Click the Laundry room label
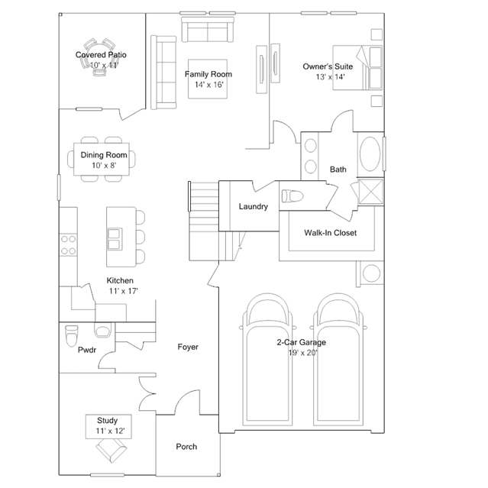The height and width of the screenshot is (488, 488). click(254, 207)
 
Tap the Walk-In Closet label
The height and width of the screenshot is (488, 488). click(330, 233)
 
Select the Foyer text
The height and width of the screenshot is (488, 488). click(188, 347)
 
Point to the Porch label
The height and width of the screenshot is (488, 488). click(186, 447)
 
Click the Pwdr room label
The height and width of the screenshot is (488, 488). click(87, 350)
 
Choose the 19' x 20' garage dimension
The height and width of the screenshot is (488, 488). click(302, 353)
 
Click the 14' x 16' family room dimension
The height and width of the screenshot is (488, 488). click(209, 85)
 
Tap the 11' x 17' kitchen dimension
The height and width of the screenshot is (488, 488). click(123, 291)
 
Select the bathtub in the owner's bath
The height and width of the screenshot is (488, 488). click(370, 154)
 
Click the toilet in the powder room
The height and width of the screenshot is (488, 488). click(71, 336)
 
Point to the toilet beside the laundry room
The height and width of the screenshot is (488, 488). click(292, 196)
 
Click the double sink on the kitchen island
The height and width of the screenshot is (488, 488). click(115, 239)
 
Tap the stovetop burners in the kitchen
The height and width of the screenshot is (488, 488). click(68, 245)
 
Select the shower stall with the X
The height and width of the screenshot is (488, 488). click(371, 192)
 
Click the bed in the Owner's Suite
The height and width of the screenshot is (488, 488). click(357, 68)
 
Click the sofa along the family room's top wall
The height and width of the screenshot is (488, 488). click(208, 30)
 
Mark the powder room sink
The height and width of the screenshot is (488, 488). click(102, 331)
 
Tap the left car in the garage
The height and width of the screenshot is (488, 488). click(267, 360)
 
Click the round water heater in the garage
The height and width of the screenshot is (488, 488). click(371, 273)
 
